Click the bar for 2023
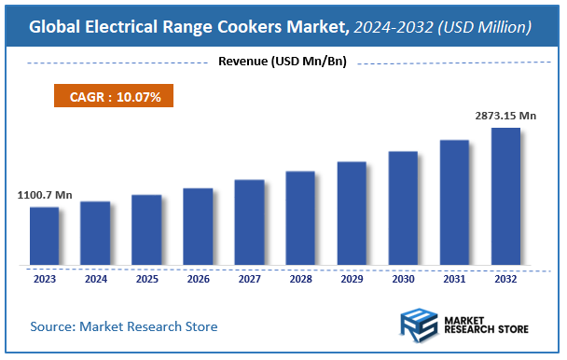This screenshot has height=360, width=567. [44, 236]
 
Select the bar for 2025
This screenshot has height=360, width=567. [146, 229]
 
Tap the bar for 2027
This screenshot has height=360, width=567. [249, 222]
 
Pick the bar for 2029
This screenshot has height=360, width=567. [352, 213]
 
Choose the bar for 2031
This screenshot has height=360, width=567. [454, 202]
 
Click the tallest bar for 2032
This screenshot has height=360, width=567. [505, 196]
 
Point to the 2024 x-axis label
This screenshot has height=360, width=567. [95, 279]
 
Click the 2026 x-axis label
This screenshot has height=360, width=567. [198, 279]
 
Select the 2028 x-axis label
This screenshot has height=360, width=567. [300, 279]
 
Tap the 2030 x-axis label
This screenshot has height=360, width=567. [403, 279]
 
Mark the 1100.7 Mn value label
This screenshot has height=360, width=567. [45, 196]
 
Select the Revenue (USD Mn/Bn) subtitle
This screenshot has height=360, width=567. [282, 62]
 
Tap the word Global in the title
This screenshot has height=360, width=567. [59, 27]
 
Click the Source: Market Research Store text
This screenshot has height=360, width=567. [124, 326]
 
